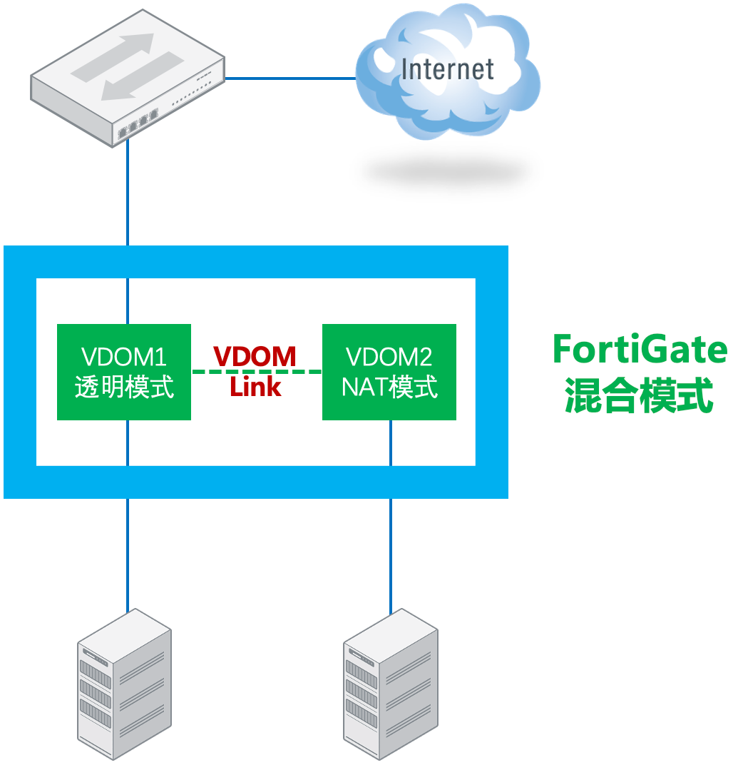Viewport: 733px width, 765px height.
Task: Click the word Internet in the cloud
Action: point(447,69)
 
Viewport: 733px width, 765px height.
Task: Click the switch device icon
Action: point(127,78)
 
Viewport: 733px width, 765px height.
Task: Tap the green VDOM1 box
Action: point(124,372)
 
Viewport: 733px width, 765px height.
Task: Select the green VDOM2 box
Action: point(389,372)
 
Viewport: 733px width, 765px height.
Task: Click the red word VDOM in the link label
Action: point(255,356)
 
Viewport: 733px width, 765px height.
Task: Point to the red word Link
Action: point(255,387)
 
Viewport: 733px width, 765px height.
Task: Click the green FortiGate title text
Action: point(640,350)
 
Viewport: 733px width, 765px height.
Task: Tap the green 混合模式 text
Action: point(640,396)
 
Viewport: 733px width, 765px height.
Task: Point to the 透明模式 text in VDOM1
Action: point(124,387)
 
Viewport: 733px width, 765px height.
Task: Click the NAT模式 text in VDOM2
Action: point(389,387)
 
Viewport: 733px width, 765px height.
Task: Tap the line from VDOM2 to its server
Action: point(391,549)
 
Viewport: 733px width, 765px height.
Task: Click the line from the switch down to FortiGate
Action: point(128,193)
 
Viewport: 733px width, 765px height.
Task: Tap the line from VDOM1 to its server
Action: point(128,549)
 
